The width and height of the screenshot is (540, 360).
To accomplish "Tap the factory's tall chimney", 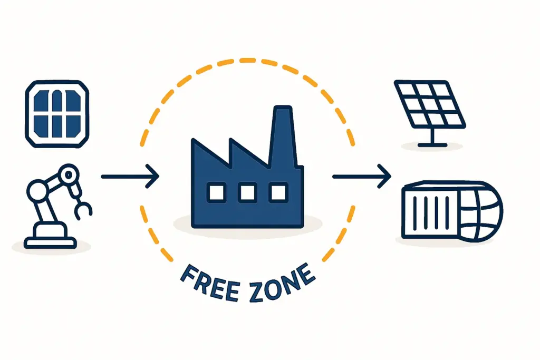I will coord(282,132).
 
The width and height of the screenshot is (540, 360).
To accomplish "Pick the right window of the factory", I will coord(277,193).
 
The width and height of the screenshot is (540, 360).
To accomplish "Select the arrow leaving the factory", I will coord(361,177).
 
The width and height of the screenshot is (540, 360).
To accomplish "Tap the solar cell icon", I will coord(57,113).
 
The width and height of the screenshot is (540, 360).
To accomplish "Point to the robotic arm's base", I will coord(50,237).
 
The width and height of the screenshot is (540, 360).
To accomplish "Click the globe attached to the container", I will coord(480,211).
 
